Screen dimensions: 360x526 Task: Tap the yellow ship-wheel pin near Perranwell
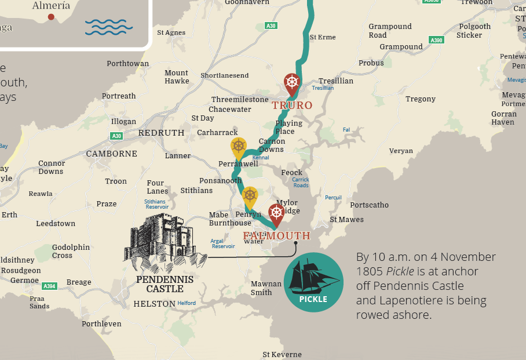(238, 148)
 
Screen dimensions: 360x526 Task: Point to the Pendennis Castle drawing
(165, 243)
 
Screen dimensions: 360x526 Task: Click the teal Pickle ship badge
(313, 282)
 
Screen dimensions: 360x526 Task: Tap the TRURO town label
(293, 106)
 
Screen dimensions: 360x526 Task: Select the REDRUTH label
(161, 133)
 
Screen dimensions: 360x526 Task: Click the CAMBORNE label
(112, 154)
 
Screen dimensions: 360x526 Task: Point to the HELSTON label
(154, 304)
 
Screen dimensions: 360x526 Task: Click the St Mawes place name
(347, 220)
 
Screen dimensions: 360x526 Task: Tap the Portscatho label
(370, 205)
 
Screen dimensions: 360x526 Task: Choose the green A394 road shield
(50, 286)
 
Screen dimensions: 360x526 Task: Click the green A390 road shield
(436, 40)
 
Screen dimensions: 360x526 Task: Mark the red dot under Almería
(51, 17)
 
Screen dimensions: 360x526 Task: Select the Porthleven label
(102, 324)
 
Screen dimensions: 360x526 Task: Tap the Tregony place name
(421, 99)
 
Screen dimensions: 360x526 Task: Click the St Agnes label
(171, 32)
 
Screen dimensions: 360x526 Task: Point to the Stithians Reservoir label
(156, 204)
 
